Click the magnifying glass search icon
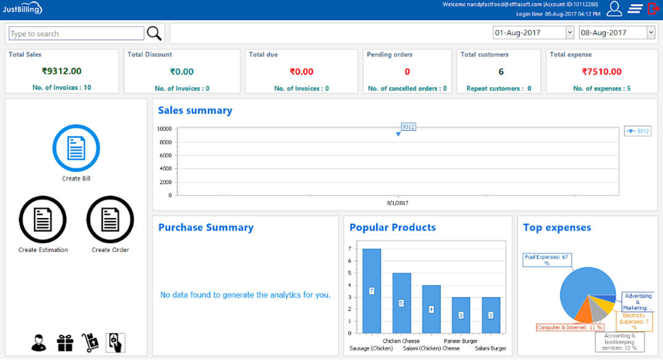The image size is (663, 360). [x=154, y=33]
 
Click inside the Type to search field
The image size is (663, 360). [x=77, y=34]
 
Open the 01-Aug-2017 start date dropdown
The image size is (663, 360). [x=570, y=33]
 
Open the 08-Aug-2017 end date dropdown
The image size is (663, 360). [x=651, y=33]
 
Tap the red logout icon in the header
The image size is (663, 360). [x=653, y=9]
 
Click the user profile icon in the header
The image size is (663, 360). [x=615, y=9]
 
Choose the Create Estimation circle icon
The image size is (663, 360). [x=43, y=219]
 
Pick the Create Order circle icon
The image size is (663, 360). [x=110, y=219]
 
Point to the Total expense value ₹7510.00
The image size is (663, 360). [x=602, y=71]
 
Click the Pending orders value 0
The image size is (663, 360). [x=407, y=71]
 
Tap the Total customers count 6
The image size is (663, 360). [x=501, y=71]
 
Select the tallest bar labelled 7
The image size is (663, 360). [x=371, y=291]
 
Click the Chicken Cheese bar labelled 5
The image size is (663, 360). [x=401, y=303]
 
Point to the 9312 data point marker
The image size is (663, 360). [x=398, y=133]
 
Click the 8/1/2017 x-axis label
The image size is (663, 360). [x=398, y=203]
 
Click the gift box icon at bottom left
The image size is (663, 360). [x=65, y=343]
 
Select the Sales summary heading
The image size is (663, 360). [x=195, y=111]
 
